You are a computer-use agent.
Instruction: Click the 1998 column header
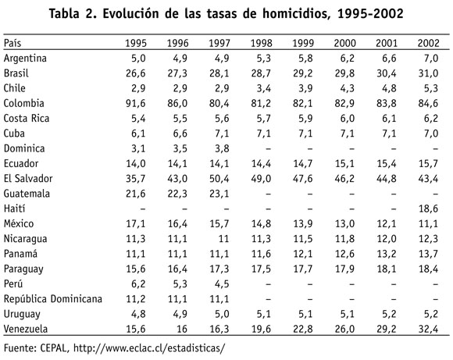coord(261,43)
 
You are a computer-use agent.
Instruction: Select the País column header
coord(12,43)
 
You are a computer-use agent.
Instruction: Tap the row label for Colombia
coord(23,103)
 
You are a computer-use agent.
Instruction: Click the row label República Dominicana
coord(53,299)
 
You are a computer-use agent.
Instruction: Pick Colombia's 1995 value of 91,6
coord(135,103)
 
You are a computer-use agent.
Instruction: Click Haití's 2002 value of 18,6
coord(428,209)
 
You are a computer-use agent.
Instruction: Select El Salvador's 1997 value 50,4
coord(219,179)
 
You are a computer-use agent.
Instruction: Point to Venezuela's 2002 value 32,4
coord(428,329)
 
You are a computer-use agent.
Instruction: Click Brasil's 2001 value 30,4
coord(387,73)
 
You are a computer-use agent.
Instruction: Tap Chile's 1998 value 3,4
coord(264,88)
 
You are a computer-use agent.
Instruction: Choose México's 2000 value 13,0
coord(344,223)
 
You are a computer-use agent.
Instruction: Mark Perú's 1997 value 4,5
coord(222,283)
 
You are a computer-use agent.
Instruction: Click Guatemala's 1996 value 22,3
coord(177,194)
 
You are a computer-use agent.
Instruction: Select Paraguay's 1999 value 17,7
coord(303,269)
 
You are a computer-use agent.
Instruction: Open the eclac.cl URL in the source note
coord(148,348)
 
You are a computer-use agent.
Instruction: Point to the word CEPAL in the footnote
coord(55,348)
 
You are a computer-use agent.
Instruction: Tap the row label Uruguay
coord(22,314)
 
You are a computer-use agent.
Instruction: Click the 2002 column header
coord(428,43)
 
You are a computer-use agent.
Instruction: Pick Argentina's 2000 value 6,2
coord(348,59)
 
